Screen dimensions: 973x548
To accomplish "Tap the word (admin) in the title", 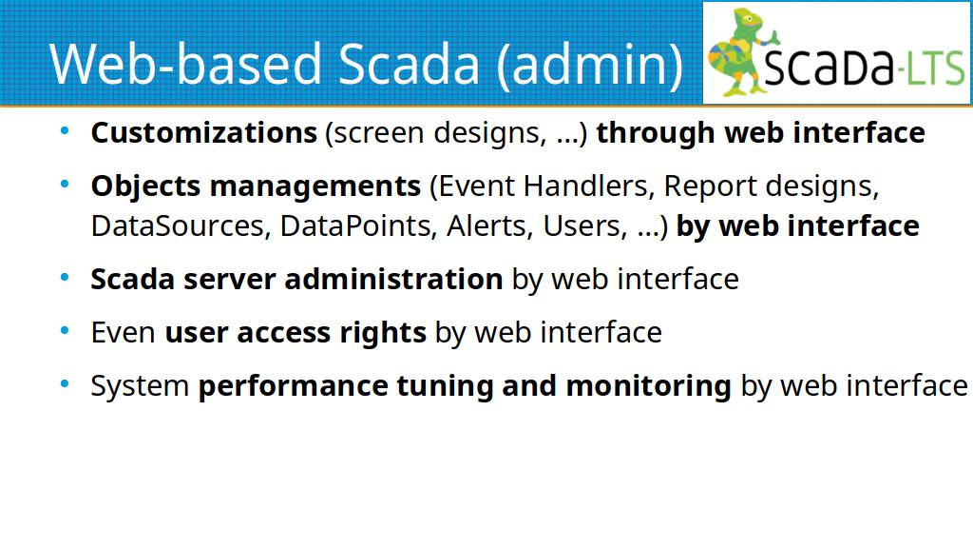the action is [x=589, y=66].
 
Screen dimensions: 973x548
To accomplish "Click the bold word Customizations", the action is [x=203, y=132].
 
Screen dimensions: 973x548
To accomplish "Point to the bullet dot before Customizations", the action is [x=65, y=130].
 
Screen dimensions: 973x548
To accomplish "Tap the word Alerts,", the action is [x=490, y=225].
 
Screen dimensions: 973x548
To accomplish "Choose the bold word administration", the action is [x=393, y=279].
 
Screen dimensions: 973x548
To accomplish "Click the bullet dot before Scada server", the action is [x=65, y=277].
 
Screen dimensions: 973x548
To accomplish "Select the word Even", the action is [x=123, y=332].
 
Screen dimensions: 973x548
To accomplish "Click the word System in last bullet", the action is [x=140, y=386].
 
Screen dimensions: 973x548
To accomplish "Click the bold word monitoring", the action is [x=648, y=386].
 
